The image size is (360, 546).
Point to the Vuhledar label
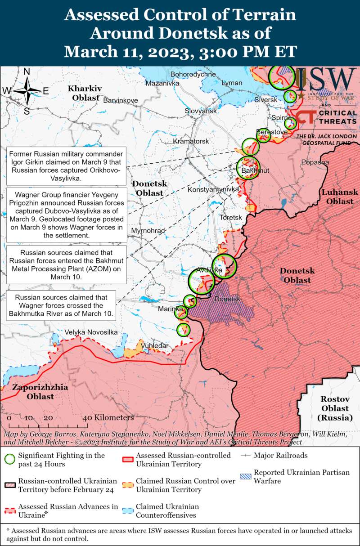pos(155,345)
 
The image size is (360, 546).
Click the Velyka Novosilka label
pos(91,332)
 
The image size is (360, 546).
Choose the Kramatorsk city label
pos(191,141)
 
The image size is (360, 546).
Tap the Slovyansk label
pos(201,111)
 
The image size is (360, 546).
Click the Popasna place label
pos(315,162)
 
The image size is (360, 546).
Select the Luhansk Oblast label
pos(340,197)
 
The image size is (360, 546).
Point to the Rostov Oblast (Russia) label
pos(335,408)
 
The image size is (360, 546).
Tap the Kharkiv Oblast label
pos(85,93)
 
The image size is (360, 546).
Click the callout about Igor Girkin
pos(66,166)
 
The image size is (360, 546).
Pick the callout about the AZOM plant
pos(66,265)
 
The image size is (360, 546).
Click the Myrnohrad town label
pos(148,231)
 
